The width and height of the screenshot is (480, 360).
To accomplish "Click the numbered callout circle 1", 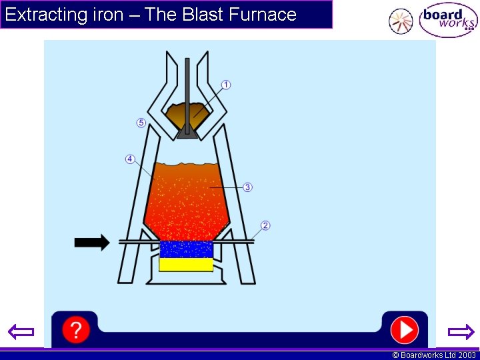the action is point(226,85).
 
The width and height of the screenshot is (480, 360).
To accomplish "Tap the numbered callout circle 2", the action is point(265,225).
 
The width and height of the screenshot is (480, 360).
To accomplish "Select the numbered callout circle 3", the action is point(247,187).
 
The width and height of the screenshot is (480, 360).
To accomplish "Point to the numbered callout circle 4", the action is point(130,159).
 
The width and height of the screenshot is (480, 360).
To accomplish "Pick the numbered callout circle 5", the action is point(141,123).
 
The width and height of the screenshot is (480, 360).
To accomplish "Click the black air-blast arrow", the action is point(92,242).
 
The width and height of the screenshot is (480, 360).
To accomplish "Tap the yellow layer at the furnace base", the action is point(186,264).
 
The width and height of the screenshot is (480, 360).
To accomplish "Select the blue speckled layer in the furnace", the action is point(186,249).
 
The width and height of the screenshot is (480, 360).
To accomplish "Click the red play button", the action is point(404,329).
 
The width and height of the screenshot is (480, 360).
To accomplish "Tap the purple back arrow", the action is point(21,331).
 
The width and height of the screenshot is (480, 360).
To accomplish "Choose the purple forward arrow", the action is point(460,331).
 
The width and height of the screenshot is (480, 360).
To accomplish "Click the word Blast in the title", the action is point(199,15).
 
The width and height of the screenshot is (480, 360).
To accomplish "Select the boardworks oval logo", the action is point(448,21).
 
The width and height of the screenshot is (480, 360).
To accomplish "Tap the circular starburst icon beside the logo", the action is point(401,21).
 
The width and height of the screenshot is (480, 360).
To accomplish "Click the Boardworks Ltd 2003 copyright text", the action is point(434,355).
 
